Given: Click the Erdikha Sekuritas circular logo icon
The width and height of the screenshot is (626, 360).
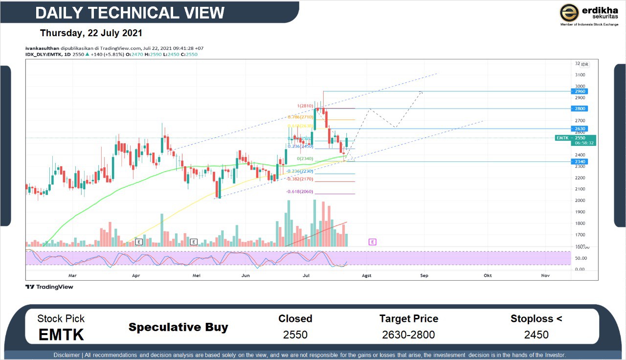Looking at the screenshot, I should [x=569, y=13].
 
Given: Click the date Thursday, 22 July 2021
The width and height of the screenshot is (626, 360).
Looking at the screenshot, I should [x=91, y=33].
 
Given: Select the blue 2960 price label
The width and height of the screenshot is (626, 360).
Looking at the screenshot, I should [x=580, y=91].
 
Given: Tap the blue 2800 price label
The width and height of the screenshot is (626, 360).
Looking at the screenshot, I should [x=580, y=109].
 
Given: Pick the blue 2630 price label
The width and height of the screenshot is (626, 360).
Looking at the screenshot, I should [x=580, y=129].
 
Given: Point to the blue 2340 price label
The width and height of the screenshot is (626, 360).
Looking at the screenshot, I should [x=580, y=162].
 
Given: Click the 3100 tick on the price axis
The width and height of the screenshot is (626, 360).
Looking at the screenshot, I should [x=580, y=75].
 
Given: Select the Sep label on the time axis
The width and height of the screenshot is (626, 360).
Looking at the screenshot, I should [x=424, y=276].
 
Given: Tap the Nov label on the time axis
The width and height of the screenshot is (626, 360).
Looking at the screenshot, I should [x=545, y=276].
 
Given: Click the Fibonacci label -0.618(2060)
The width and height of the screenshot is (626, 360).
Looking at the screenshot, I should [x=299, y=192].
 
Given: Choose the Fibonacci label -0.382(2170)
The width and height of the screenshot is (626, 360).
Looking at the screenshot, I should [x=299, y=179].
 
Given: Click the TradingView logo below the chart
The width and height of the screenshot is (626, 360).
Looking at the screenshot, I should [x=49, y=287].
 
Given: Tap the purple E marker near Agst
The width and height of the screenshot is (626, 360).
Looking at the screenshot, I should [x=372, y=242].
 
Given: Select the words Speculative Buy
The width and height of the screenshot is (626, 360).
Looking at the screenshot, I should [x=178, y=327].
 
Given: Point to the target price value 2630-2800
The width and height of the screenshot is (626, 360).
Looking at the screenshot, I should [x=408, y=335].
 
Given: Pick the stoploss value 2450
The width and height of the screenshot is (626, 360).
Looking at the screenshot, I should [x=536, y=335].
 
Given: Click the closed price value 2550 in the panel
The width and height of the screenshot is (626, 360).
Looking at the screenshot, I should [x=295, y=335].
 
